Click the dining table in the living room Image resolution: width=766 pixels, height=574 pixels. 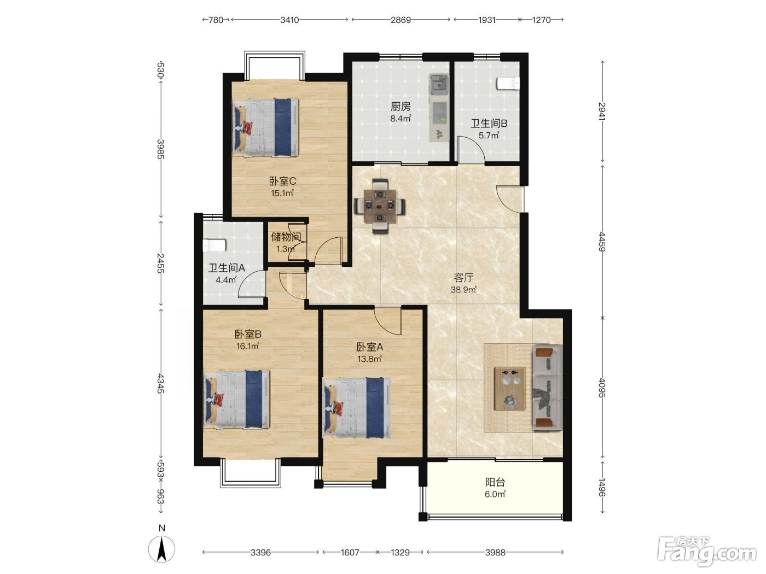(380, 206)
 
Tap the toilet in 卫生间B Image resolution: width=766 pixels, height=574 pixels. (508, 83)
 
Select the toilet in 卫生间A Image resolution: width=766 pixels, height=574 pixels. (214, 245)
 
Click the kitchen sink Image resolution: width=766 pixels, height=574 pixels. (439, 84)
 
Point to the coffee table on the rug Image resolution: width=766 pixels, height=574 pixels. (510, 389)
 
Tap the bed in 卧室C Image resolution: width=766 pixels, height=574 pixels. (266, 127)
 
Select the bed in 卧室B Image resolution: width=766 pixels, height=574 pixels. (237, 399)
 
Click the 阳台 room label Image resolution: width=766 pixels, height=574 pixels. (495, 482)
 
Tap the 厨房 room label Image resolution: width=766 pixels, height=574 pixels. (401, 106)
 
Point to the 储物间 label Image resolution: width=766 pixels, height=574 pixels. (286, 237)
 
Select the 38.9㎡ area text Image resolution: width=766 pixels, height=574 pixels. (463, 290)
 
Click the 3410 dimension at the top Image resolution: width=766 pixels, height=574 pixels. (289, 20)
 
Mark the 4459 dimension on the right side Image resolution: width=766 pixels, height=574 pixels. (602, 242)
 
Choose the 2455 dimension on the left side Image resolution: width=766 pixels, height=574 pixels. (160, 263)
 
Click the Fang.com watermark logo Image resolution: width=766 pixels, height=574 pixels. (707, 553)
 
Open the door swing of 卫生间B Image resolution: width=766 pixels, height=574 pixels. (471, 149)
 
